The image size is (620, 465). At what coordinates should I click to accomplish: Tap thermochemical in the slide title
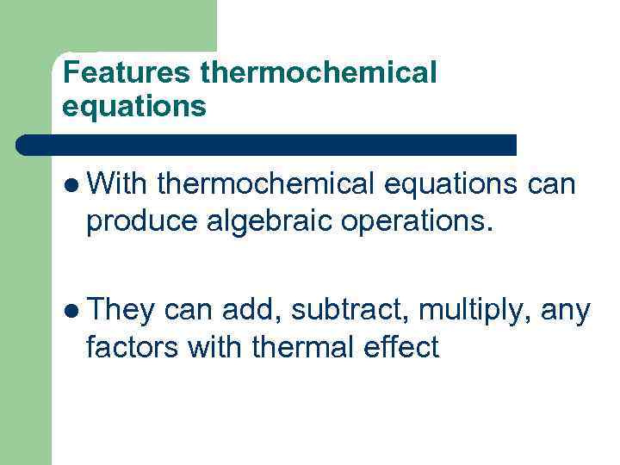point(319,73)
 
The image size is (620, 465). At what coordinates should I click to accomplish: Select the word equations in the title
point(134,106)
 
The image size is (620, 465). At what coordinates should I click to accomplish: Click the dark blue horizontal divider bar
point(267,145)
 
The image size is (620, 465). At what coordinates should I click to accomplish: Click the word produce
point(142,222)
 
